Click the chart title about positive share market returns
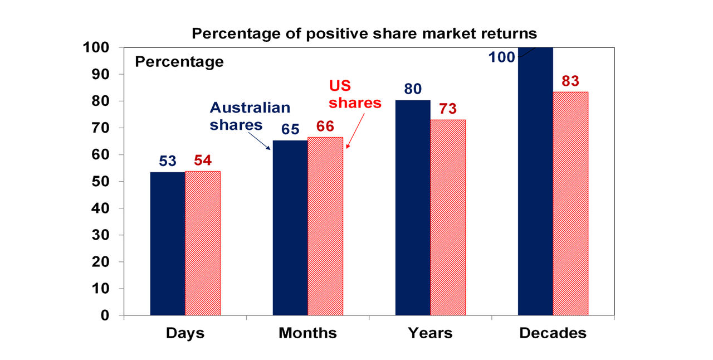[364, 33]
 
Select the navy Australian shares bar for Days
[168, 244]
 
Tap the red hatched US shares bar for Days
[203, 244]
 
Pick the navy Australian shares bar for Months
[290, 227]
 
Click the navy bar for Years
[413, 207]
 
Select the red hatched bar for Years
[448, 217]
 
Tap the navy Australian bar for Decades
[535, 181]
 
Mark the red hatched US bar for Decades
[570, 203]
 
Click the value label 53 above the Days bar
[167, 161]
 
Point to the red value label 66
[325, 127]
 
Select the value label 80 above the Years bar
[413, 89]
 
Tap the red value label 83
[570, 81]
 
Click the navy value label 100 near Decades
[502, 57]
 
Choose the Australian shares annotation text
[250, 116]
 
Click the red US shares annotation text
[355, 95]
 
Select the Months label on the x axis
[307, 333]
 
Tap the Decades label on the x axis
[553, 333]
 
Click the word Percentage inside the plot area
[179, 62]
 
